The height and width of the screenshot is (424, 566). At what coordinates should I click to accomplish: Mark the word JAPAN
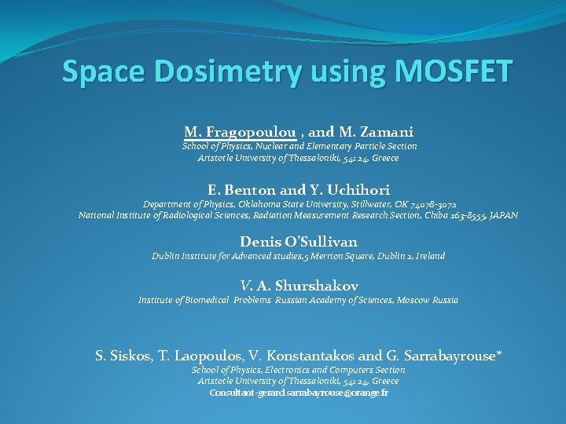503,215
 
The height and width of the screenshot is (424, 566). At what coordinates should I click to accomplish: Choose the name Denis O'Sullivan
298,242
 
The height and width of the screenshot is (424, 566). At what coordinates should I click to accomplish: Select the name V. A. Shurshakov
298,286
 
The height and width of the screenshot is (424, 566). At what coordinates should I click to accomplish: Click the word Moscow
414,300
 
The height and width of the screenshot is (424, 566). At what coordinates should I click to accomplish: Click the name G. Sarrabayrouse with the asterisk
448,356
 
